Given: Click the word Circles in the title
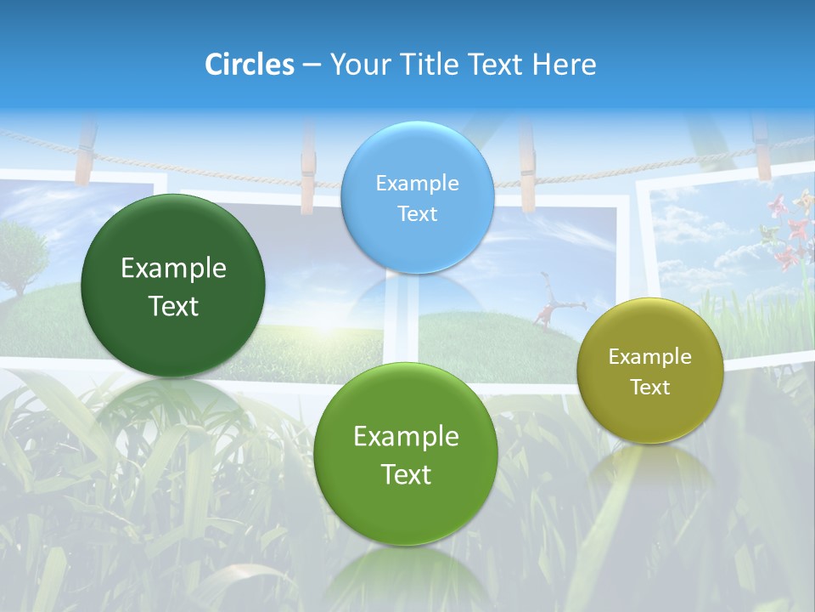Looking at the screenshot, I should pyautogui.click(x=250, y=65).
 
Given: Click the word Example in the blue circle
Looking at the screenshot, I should pyautogui.click(x=417, y=183).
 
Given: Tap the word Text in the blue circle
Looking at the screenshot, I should pyautogui.click(x=417, y=213).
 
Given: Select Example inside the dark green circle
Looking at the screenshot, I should pyautogui.click(x=173, y=269).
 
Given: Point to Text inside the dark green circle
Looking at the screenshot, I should pyautogui.click(x=173, y=306).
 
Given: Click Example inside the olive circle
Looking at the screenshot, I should pyautogui.click(x=650, y=356).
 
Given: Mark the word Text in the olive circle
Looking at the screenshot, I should pyautogui.click(x=650, y=387).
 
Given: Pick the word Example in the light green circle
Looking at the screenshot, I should pyautogui.click(x=406, y=436).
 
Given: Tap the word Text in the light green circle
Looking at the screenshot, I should pyautogui.click(x=406, y=474).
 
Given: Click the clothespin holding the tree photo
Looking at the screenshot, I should pyautogui.click(x=84, y=153).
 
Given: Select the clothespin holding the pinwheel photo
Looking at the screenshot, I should pyautogui.click(x=762, y=149).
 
